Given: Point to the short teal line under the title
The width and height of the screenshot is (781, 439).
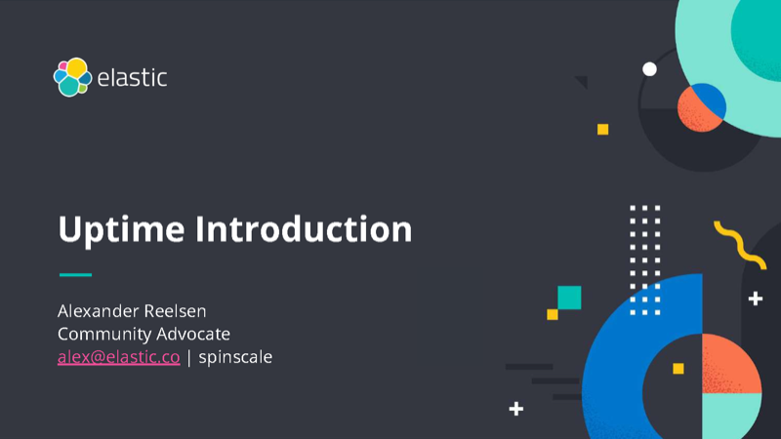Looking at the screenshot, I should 75,275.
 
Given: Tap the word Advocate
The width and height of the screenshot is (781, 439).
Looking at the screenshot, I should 196,334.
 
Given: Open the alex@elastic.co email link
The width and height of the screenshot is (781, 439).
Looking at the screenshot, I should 118,357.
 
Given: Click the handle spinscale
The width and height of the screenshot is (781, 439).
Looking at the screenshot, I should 235,357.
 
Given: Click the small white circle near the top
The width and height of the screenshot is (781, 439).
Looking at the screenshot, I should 649,68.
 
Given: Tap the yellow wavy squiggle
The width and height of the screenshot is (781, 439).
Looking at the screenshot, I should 740,244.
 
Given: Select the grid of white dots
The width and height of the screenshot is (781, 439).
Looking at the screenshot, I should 644,259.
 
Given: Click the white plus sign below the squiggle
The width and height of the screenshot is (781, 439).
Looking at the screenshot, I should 755,299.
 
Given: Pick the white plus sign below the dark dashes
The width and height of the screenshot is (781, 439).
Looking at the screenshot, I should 516,409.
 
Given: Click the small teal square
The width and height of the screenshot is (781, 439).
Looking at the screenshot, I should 568,298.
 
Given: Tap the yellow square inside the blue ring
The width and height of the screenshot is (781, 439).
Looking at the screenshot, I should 678,368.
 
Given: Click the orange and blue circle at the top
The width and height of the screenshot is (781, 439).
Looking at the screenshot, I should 702,106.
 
